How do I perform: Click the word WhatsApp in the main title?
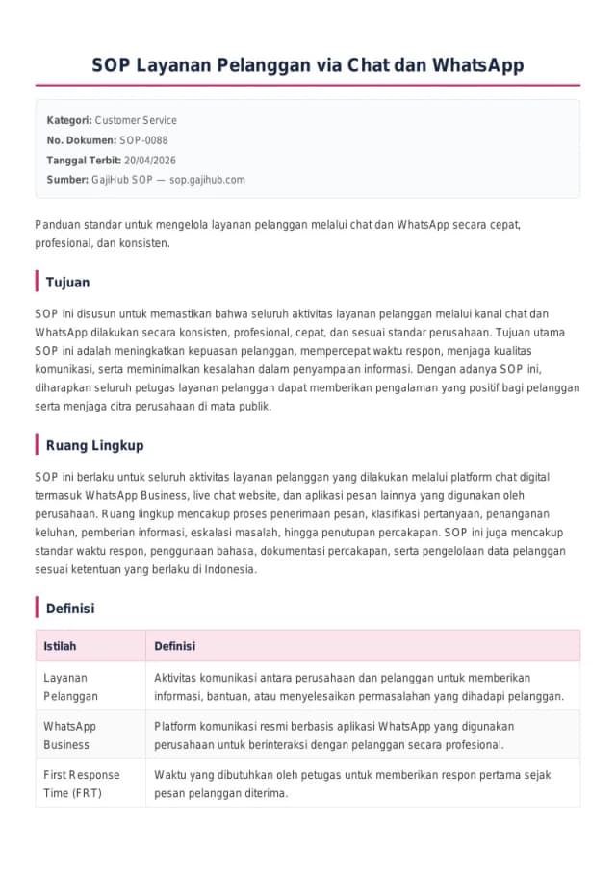click(x=478, y=65)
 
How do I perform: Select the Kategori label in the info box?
click(x=68, y=120)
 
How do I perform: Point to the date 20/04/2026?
click(x=150, y=160)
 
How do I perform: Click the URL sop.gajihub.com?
click(x=207, y=180)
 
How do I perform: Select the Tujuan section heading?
click(x=67, y=282)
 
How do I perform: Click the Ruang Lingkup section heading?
click(x=95, y=445)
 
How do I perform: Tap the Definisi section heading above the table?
click(x=70, y=609)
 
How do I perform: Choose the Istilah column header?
click(x=60, y=646)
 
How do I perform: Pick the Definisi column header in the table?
click(x=174, y=646)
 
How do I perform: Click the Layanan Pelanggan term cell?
click(x=70, y=686)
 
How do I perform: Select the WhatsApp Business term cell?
click(x=69, y=735)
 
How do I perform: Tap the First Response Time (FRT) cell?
click(x=81, y=784)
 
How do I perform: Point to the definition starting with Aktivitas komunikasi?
click(x=359, y=686)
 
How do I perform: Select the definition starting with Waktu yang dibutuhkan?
click(x=352, y=784)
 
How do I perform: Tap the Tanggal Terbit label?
click(x=84, y=160)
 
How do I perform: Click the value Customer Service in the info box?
click(x=136, y=120)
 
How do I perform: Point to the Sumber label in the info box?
click(x=66, y=180)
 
